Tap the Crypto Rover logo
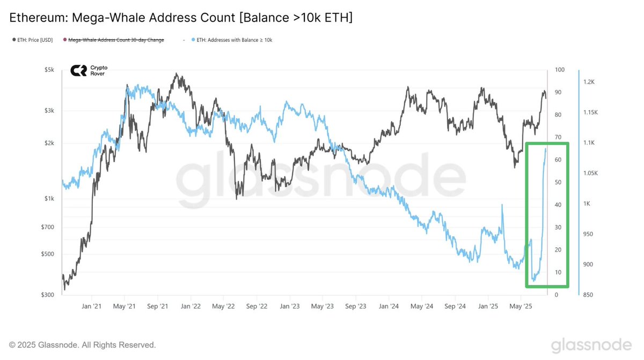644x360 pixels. [89, 70]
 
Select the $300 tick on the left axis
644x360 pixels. [50, 295]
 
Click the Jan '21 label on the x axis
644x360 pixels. [92, 306]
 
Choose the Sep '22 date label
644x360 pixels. [257, 306]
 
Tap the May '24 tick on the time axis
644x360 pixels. [422, 306]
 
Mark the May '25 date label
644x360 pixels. [521, 306]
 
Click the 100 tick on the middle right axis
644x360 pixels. [559, 70]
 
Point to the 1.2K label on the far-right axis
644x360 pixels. [589, 82]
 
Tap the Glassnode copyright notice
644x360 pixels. [83, 345]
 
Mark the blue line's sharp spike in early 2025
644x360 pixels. [502, 205]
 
